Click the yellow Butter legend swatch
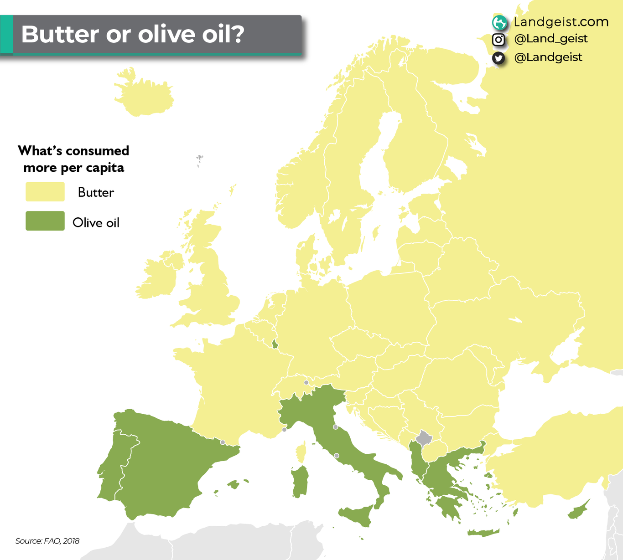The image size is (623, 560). (x=45, y=192)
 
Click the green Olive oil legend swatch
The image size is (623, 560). (x=45, y=221)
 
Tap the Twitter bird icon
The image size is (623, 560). (x=498, y=58)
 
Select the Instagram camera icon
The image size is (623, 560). (x=498, y=40)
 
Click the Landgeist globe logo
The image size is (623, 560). (x=499, y=22)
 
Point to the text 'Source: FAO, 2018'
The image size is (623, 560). (x=47, y=541)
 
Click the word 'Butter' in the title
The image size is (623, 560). (x=60, y=34)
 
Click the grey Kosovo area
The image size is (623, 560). (x=424, y=438)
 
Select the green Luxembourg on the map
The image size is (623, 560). (x=275, y=344)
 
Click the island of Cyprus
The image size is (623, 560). (x=578, y=511)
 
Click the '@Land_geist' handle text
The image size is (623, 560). (x=550, y=39)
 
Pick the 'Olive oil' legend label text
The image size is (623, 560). (x=96, y=223)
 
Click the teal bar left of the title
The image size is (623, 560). (x=6, y=34)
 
